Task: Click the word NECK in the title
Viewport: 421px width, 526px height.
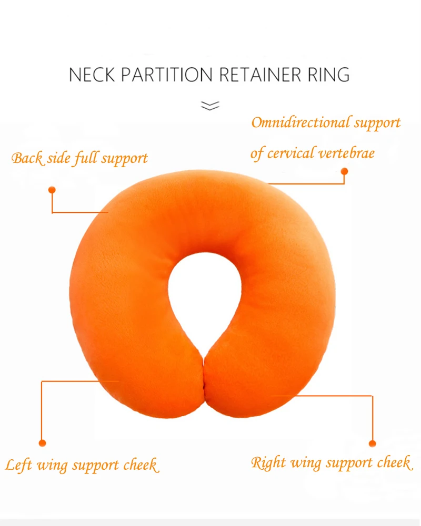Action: [93, 75]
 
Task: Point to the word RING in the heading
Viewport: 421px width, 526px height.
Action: [329, 75]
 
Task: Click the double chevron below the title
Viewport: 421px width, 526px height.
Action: [210, 106]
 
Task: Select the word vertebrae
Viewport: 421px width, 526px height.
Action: [348, 153]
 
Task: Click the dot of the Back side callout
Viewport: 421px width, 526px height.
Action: [52, 190]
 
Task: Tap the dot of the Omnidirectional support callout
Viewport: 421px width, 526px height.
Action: [344, 171]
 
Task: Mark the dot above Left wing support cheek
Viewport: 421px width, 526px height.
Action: [42, 443]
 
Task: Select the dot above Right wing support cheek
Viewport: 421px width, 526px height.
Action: [373, 444]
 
